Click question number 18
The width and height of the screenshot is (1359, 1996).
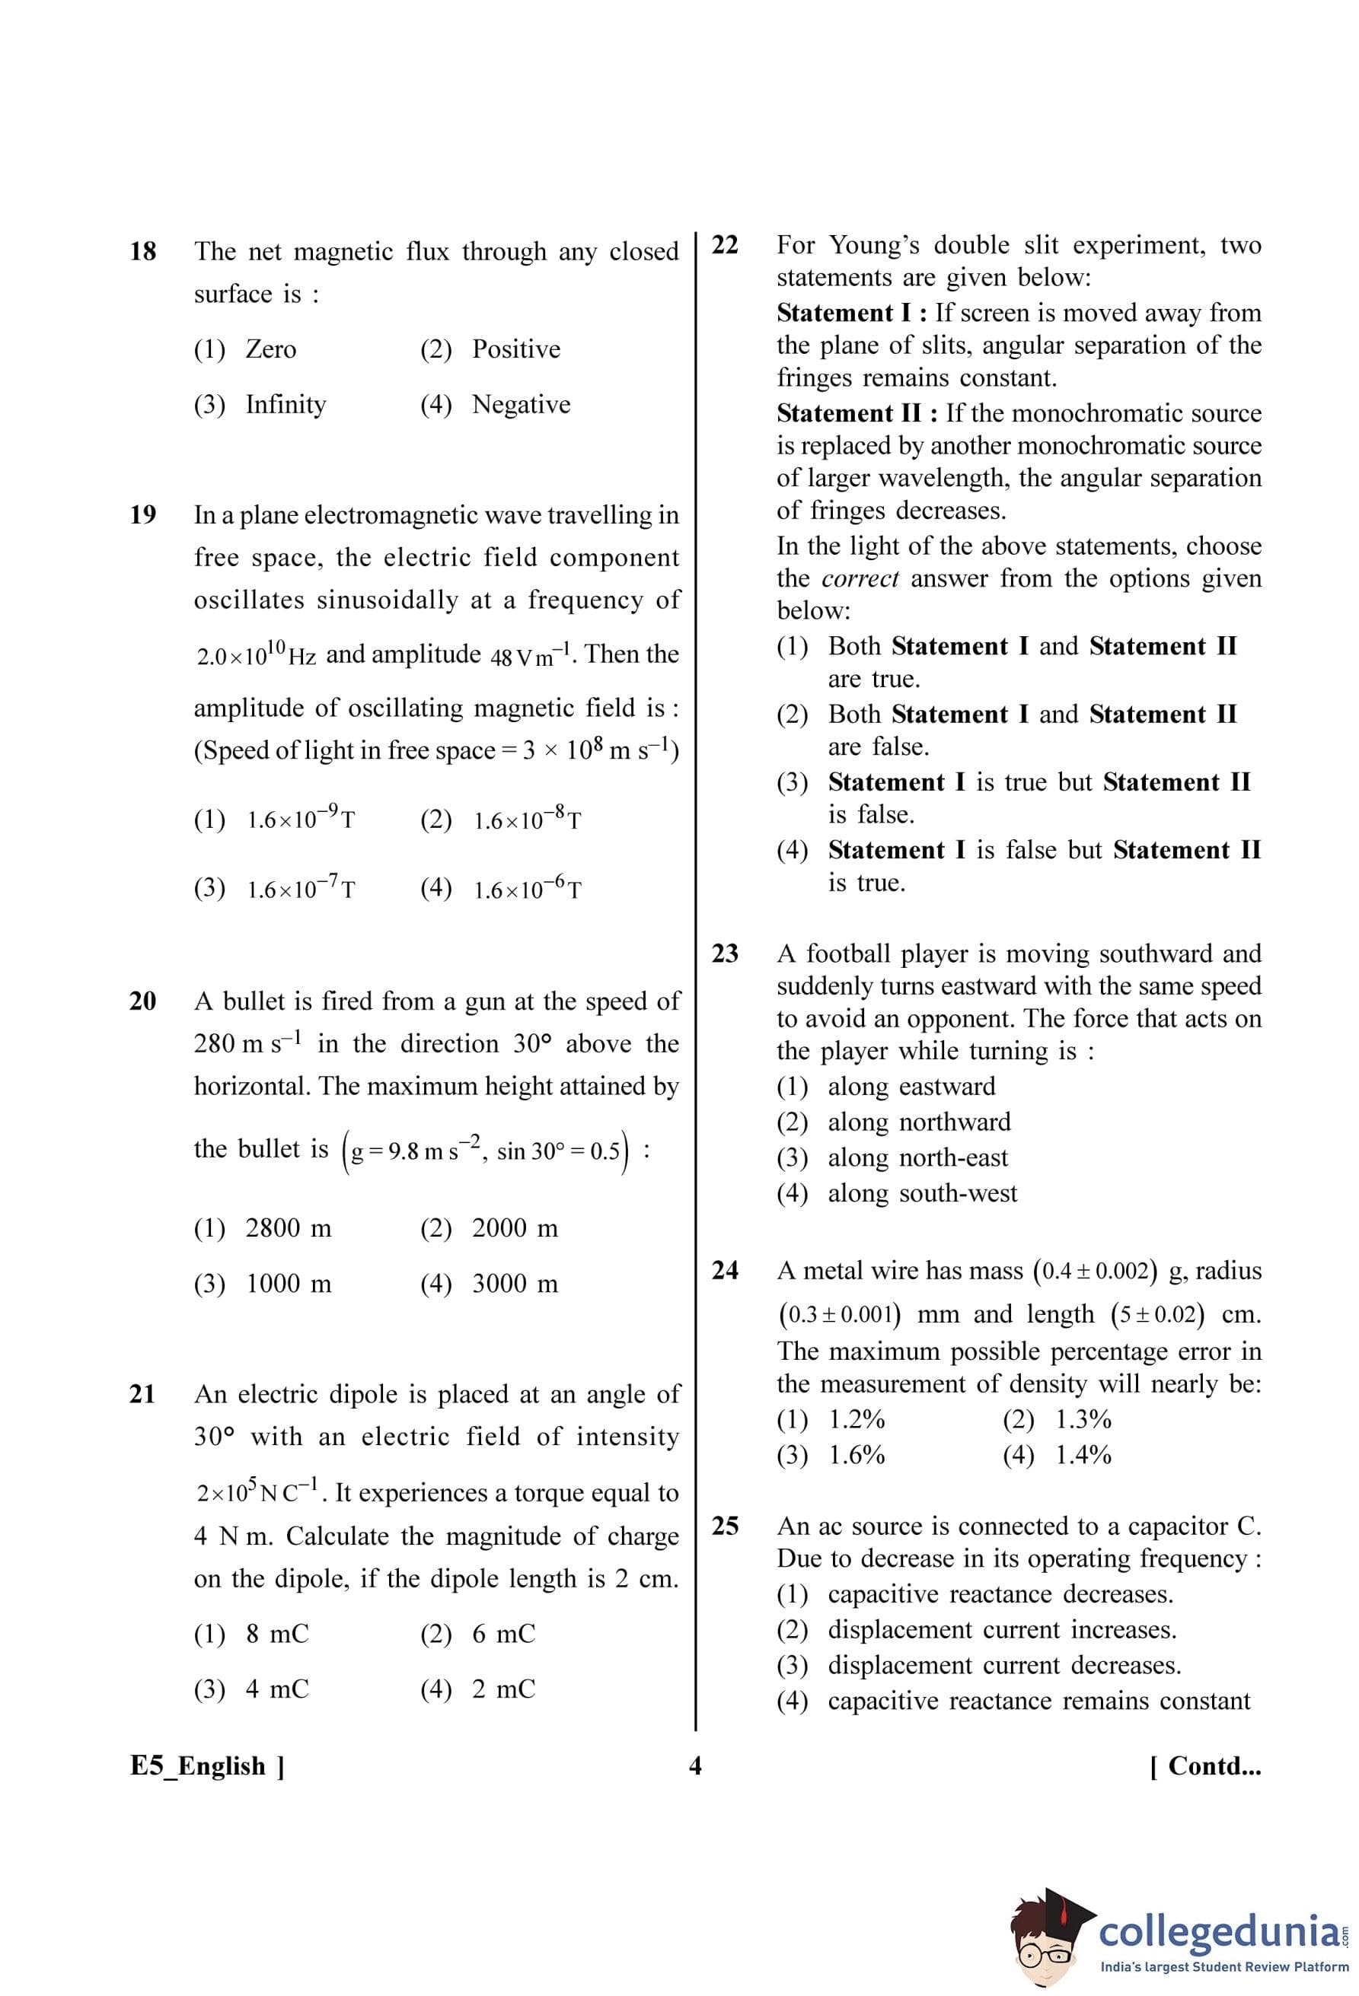[x=142, y=252]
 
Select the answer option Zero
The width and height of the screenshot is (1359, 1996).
[x=270, y=349]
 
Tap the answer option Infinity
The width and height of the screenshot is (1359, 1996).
[x=286, y=405]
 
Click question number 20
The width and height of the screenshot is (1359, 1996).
[x=142, y=1001]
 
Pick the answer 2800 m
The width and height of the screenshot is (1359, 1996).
[x=288, y=1229]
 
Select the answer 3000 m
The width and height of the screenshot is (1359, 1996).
[x=515, y=1284]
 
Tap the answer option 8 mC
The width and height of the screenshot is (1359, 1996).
[x=276, y=1635]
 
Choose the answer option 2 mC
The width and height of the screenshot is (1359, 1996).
[x=503, y=1689]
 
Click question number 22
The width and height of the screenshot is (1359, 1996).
[x=725, y=246]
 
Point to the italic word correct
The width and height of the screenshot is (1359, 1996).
[x=860, y=579]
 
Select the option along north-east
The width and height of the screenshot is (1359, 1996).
[x=917, y=1157]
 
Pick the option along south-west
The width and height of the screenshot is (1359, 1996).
[x=922, y=1193]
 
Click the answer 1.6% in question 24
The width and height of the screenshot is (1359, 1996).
[x=857, y=1455]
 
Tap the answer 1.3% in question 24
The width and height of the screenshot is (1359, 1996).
[x=1083, y=1420]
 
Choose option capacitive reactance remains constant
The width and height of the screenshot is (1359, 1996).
[x=1038, y=1702]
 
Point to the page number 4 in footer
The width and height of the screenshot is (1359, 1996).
[x=695, y=1766]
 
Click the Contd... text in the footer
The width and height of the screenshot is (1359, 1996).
[x=1205, y=1766]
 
